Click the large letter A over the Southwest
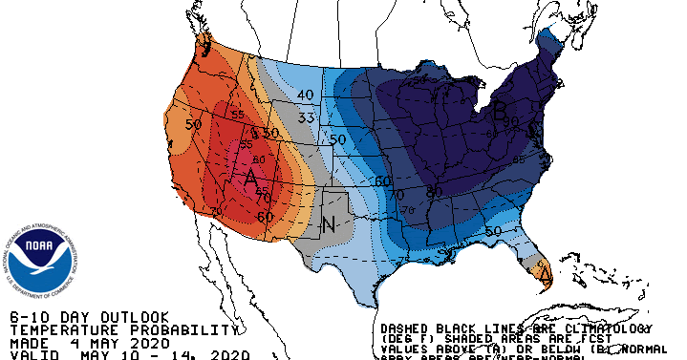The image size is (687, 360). tap(251, 178)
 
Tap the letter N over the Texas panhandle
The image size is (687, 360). tap(328, 225)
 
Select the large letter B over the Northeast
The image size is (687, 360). tap(499, 112)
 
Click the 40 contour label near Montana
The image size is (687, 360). tap(306, 95)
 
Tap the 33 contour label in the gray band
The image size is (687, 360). tap(306, 118)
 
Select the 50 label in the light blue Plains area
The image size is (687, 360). tap(336, 139)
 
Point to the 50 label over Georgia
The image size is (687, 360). tap(493, 231)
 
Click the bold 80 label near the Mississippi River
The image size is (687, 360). tap(433, 192)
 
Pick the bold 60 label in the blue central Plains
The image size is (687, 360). tap(382, 180)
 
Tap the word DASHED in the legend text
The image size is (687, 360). tap(408, 325)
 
